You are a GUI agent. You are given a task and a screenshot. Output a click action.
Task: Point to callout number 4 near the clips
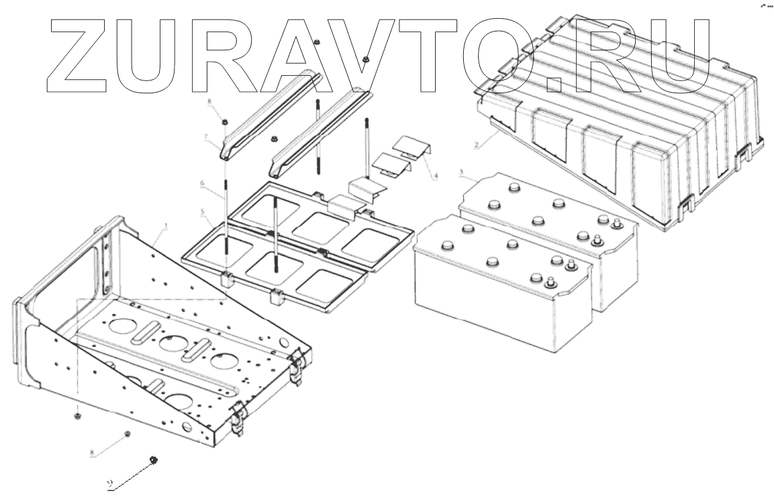[437, 176]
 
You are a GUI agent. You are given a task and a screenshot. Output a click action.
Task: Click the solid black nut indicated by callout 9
[154, 459]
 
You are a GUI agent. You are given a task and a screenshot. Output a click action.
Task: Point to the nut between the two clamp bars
[274, 139]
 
